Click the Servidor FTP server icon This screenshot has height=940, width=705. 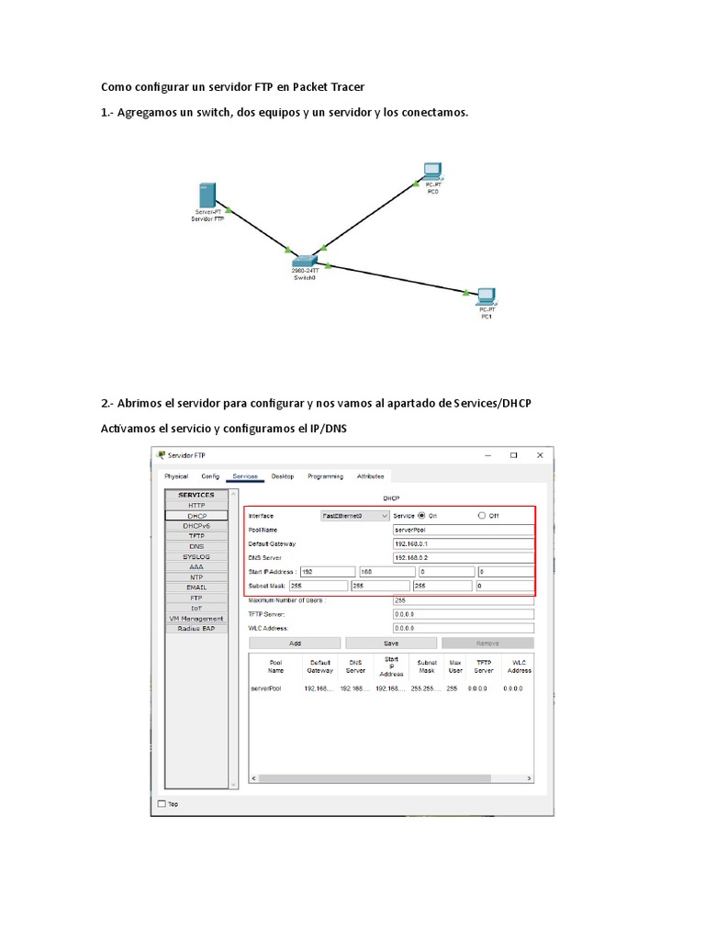point(207,196)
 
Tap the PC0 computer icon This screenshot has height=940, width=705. point(432,171)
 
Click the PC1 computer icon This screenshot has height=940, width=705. point(486,296)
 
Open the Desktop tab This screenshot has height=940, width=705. point(283,476)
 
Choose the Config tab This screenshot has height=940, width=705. point(210,476)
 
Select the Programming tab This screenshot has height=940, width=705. point(325,476)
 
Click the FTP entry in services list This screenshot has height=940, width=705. point(196,598)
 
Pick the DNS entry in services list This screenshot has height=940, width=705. point(196,546)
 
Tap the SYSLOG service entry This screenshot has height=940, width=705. point(196,556)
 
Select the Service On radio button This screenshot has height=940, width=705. point(422,516)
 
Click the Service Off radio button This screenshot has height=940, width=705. point(482,516)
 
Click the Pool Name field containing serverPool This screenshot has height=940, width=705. point(463,530)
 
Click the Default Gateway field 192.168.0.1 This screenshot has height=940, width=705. point(463,543)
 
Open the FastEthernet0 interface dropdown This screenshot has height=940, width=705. point(355,516)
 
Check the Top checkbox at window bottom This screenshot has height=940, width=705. point(162,804)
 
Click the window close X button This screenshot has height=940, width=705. point(540,455)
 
